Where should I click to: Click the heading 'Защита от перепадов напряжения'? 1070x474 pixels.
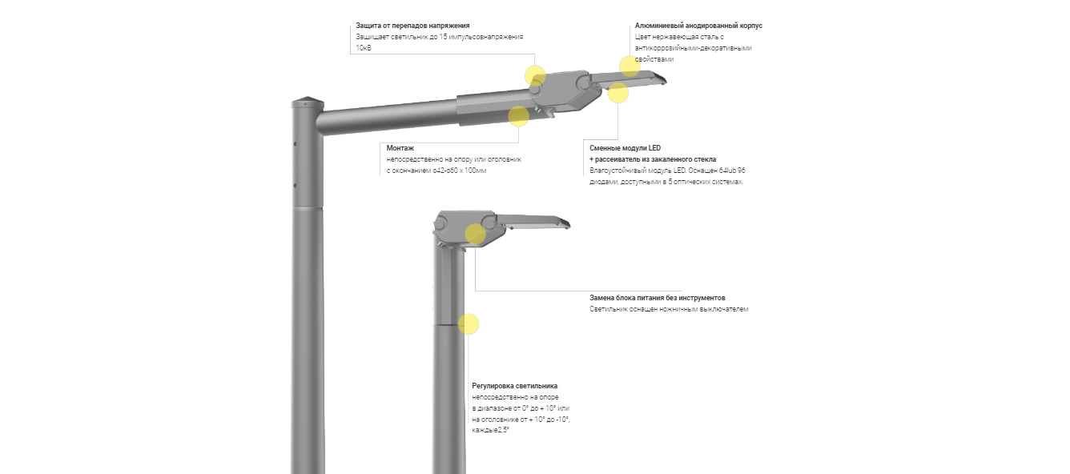(x=412, y=26)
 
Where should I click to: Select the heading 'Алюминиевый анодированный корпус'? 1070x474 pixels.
(x=698, y=26)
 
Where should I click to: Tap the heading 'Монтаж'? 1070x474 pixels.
(x=400, y=148)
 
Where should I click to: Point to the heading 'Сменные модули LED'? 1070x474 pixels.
(x=625, y=148)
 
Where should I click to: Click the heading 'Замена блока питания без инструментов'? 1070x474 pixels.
(x=658, y=298)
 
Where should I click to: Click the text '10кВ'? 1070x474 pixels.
(x=364, y=48)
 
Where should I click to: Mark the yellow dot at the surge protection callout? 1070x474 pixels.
(x=535, y=75)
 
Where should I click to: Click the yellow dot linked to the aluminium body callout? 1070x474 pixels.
(x=630, y=66)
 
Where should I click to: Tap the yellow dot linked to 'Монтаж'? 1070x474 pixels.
(x=519, y=116)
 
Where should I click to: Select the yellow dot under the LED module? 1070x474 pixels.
(x=618, y=93)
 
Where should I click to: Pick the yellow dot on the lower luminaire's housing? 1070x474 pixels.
(x=475, y=234)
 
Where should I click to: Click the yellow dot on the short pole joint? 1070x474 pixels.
(x=469, y=324)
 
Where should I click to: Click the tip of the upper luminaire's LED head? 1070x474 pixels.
(x=666, y=80)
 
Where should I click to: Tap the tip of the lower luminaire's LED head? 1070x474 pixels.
(x=569, y=224)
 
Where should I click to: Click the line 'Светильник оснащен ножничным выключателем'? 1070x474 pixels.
(x=669, y=309)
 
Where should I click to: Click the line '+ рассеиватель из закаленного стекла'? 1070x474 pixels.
(x=653, y=159)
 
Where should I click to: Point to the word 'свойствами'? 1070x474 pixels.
(x=654, y=59)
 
